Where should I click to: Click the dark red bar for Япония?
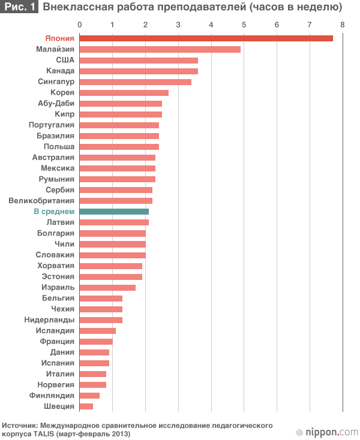point(206,38)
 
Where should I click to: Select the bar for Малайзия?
point(160,49)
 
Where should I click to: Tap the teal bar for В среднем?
point(114,212)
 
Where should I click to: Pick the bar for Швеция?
point(86,406)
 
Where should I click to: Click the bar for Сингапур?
point(136,82)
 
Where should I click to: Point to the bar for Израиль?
point(107,287)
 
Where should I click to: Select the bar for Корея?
point(124,92)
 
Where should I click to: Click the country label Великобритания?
point(41,201)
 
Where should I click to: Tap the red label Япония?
point(59,38)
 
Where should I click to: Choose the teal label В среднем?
point(54,212)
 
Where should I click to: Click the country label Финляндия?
point(52,396)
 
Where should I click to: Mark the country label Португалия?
point(52,125)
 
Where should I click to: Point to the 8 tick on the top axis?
point(342,25)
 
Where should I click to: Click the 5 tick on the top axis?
point(244,25)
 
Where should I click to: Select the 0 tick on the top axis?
point(80,25)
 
